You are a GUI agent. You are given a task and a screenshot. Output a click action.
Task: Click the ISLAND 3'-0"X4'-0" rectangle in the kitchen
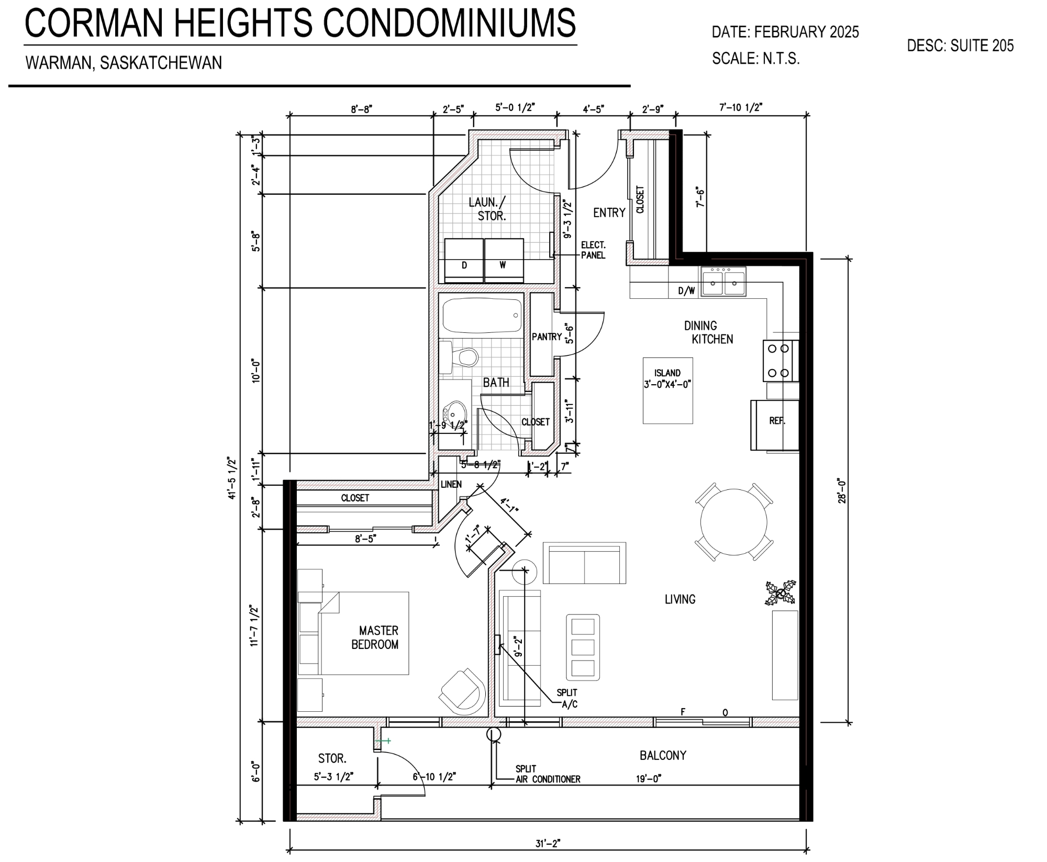[667, 390]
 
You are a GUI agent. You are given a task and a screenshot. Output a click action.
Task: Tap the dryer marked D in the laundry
[464, 260]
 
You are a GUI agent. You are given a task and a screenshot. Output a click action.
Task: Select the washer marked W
[504, 260]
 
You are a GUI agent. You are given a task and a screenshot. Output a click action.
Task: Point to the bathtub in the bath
[482, 316]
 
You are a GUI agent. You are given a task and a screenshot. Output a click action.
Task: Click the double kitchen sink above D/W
[724, 282]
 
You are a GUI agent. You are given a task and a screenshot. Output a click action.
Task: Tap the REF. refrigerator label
[777, 421]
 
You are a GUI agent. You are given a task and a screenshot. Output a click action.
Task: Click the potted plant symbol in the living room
[781, 594]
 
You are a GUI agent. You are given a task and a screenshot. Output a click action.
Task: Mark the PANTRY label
[547, 337]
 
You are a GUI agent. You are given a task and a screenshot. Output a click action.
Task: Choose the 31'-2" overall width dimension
[548, 843]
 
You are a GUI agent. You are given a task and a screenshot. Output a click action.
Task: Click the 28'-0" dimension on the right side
[842, 490]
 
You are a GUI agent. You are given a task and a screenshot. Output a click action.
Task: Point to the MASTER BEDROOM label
[377, 637]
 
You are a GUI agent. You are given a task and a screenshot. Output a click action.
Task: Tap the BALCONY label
[662, 755]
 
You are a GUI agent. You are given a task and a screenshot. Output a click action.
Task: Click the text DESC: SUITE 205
[960, 46]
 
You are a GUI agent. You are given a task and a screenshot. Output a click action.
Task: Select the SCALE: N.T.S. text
[755, 59]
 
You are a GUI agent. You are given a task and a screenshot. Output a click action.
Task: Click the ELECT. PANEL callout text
[593, 250]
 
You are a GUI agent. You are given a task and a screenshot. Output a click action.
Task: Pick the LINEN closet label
[451, 484]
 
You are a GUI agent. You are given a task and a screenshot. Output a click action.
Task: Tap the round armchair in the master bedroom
[462, 690]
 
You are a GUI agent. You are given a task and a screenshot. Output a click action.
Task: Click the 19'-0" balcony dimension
[649, 779]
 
